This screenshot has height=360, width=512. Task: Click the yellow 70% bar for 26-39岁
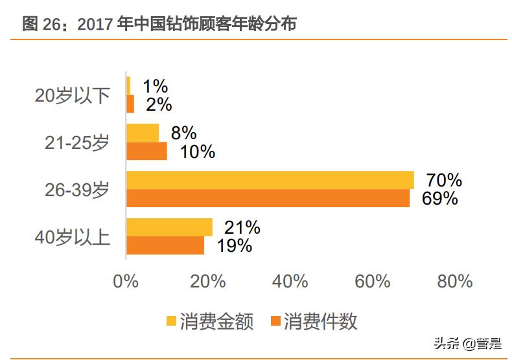point(270,180)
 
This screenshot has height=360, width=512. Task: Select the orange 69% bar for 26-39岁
point(268,198)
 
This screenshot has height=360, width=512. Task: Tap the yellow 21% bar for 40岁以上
point(169,227)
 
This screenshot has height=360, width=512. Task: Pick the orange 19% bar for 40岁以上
point(165,245)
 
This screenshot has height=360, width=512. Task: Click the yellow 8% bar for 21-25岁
point(143,133)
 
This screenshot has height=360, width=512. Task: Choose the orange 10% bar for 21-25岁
point(146,151)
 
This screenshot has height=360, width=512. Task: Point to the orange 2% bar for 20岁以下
point(130,104)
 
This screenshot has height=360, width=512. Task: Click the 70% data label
point(443,180)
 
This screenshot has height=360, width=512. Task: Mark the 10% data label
point(196,152)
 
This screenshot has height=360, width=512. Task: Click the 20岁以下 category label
point(73,96)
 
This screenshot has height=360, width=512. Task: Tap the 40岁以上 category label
point(73,237)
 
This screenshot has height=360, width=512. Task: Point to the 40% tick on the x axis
point(290,282)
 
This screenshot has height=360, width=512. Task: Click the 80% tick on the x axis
point(455,282)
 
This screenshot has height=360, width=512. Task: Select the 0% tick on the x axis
point(126,282)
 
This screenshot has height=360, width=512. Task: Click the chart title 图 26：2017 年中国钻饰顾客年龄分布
point(159,24)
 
